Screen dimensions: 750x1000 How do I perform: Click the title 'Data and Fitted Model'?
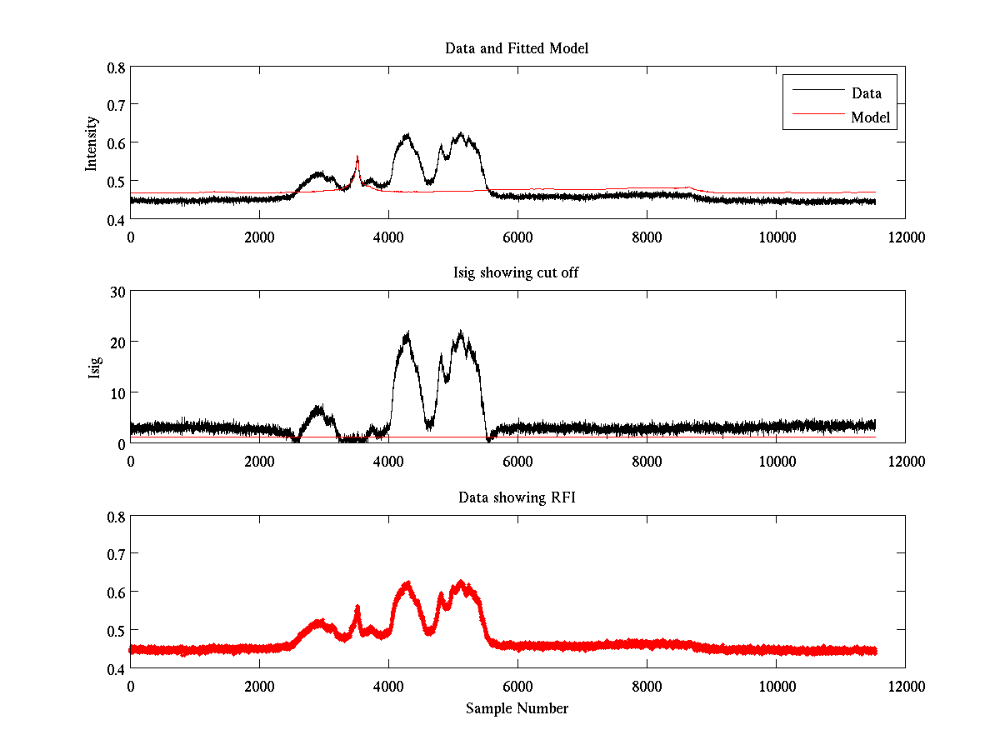pyautogui.click(x=517, y=48)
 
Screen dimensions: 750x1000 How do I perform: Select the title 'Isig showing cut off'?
pyautogui.click(x=517, y=273)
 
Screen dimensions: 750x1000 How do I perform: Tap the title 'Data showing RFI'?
pyautogui.click(x=517, y=497)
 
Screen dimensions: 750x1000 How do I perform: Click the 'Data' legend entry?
pyautogui.click(x=866, y=92)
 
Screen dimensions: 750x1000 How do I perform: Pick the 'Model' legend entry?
pyautogui.click(x=870, y=117)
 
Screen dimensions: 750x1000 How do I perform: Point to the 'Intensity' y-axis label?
pyautogui.click(x=92, y=143)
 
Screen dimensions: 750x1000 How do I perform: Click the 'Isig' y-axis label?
pyautogui.click(x=94, y=367)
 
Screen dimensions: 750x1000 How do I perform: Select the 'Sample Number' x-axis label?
pyautogui.click(x=517, y=708)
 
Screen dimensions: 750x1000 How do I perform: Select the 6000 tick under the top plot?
pyautogui.click(x=517, y=237)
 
